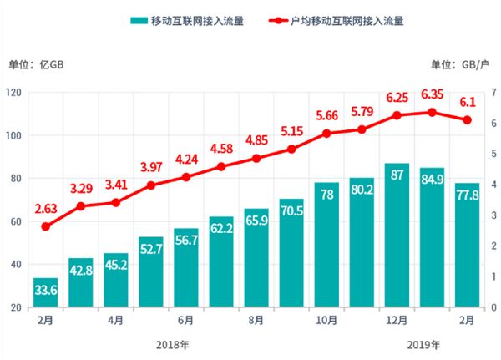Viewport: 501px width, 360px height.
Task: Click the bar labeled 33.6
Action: [x=45, y=292]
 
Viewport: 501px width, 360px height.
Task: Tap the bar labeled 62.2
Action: [x=221, y=262]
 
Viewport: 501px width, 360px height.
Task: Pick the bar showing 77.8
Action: [x=468, y=246]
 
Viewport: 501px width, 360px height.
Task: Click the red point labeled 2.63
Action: [x=45, y=226]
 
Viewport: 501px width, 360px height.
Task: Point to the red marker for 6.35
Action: [x=432, y=112]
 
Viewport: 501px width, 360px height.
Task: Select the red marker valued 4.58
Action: [x=221, y=166]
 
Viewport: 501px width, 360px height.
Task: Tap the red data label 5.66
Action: [x=327, y=116]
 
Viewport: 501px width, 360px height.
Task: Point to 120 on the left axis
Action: [x=13, y=92]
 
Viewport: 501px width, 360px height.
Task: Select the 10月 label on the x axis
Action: [x=327, y=319]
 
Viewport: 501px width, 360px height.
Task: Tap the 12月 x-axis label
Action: [x=397, y=319]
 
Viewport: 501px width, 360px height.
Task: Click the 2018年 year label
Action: [x=169, y=343]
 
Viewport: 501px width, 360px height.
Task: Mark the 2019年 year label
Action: [x=424, y=343]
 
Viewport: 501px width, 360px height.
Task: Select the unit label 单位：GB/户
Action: [x=463, y=64]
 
